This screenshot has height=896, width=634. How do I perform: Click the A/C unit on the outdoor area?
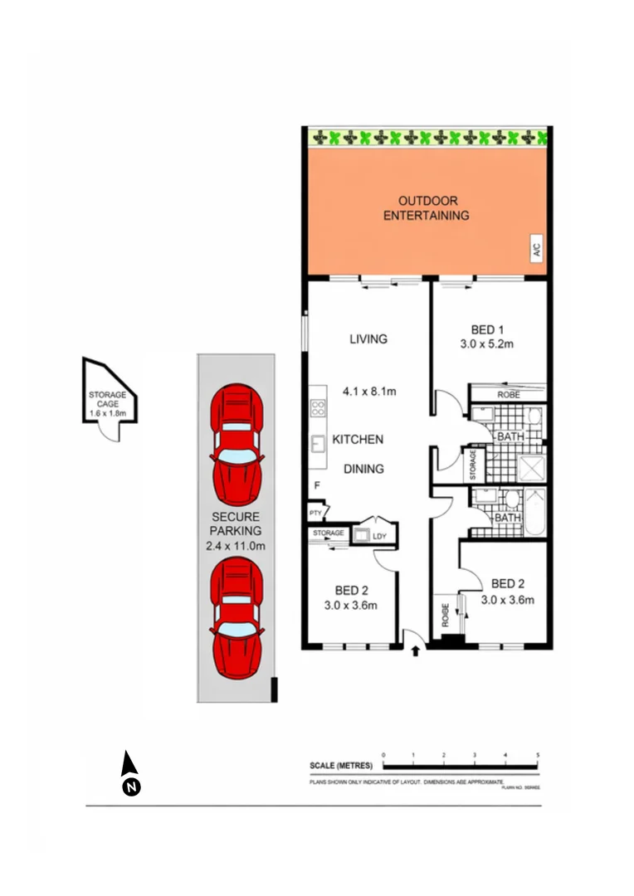point(536,248)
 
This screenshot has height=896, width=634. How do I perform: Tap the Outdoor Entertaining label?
point(427,208)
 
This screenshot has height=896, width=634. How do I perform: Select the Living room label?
point(368,338)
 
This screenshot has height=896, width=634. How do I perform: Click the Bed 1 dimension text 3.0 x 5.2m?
point(488,344)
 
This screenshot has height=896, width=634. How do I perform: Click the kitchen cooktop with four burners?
point(317,407)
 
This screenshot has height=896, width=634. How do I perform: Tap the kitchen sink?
point(317,444)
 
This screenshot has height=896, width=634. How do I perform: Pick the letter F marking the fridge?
point(316,485)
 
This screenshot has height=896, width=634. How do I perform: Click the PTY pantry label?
point(315,514)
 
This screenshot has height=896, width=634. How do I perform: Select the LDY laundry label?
point(380,536)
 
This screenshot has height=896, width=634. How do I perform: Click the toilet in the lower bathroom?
point(511,499)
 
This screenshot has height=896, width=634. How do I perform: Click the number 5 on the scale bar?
point(538,755)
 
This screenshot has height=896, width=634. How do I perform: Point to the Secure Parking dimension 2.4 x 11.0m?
point(236,545)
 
